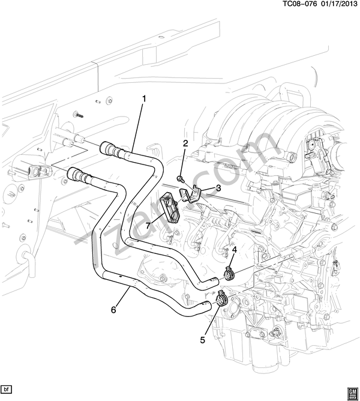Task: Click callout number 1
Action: pyautogui.click(x=143, y=97)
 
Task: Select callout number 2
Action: pyautogui.click(x=185, y=143)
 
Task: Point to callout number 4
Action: pyautogui.click(x=235, y=250)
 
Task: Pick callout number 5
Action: pyautogui.click(x=202, y=339)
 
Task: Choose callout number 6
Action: pyautogui.click(x=113, y=310)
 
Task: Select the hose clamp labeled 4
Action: pyautogui.click(x=229, y=275)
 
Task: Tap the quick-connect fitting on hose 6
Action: pyautogui.click(x=79, y=176)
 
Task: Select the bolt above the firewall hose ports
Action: pyautogui.click(x=77, y=113)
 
